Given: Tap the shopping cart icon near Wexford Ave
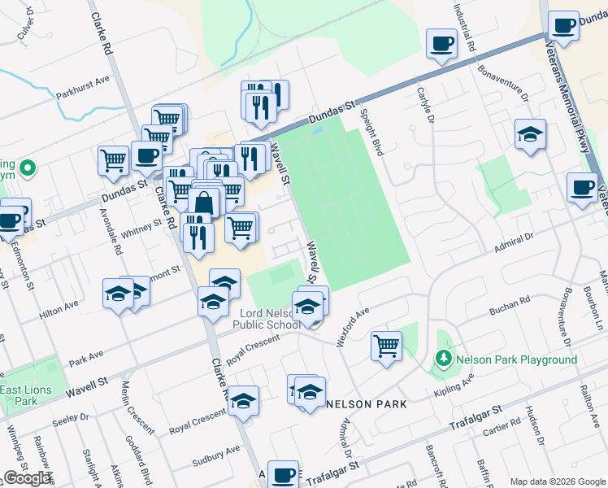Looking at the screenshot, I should point(386,345).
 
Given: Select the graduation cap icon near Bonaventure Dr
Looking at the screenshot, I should point(530,134).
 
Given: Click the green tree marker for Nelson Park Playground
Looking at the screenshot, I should point(443,358).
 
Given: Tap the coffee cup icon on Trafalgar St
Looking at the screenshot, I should point(283,474).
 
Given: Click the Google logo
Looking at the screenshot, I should point(28,478).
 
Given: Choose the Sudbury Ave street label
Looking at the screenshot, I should point(216,456).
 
